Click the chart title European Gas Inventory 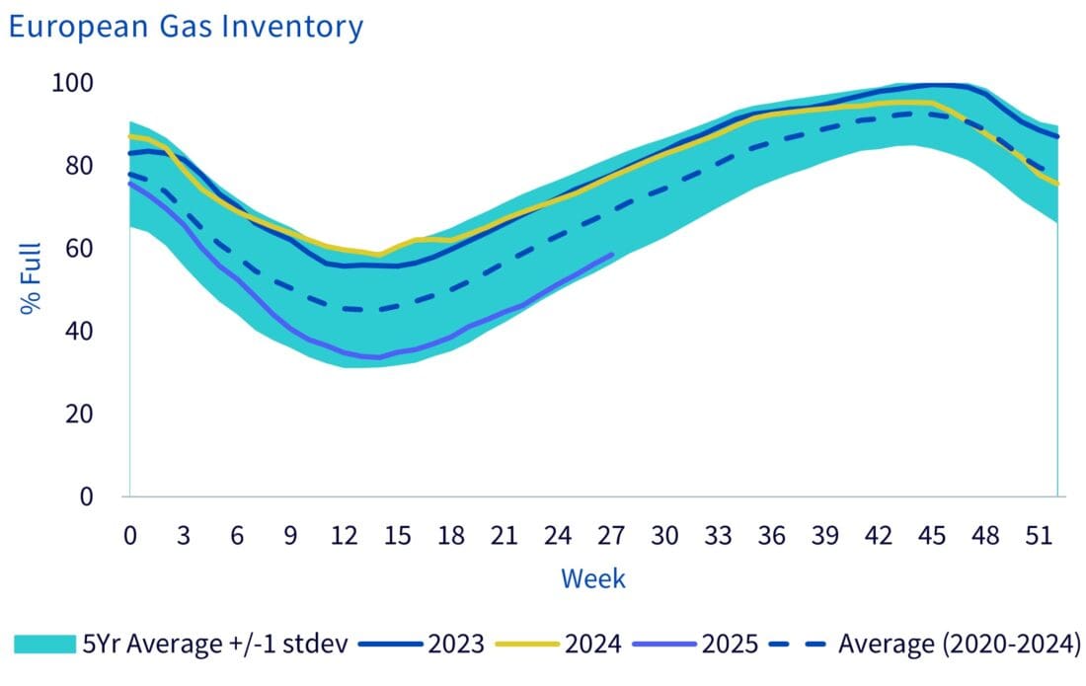(185, 27)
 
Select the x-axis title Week (593, 577)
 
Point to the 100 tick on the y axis (72, 83)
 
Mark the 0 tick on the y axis (87, 496)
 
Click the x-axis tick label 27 (611, 536)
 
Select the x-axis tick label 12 (344, 536)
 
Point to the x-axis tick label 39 (825, 536)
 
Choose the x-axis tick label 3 (184, 536)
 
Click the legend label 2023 (456, 645)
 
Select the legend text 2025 (731, 645)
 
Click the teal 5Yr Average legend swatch (44, 645)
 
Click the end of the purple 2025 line (613, 255)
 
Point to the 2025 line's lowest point (373, 357)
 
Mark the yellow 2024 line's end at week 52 (1057, 184)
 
